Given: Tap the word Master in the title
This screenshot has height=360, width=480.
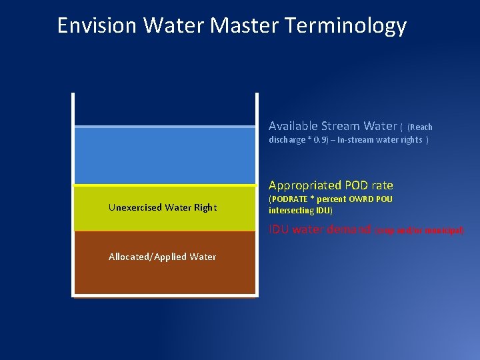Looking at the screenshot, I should tap(247, 25).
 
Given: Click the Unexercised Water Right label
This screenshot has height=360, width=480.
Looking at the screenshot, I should tap(162, 207).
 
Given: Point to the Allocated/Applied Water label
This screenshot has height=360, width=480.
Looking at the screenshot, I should tap(162, 257).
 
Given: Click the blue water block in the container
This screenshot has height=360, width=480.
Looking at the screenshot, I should tap(165, 155).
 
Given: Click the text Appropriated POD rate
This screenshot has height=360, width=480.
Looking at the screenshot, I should tap(331, 185).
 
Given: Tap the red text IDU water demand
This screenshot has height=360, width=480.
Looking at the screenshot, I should tap(319, 229).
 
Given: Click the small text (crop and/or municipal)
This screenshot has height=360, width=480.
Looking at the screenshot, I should tap(418, 231).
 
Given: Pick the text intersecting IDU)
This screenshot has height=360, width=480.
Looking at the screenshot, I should tap(301, 211).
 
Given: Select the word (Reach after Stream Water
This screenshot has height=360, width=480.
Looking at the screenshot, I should tap(420, 127).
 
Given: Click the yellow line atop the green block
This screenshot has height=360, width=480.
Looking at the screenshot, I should tap(165, 185).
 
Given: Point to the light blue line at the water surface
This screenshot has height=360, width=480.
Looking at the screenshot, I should tap(165, 126).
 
